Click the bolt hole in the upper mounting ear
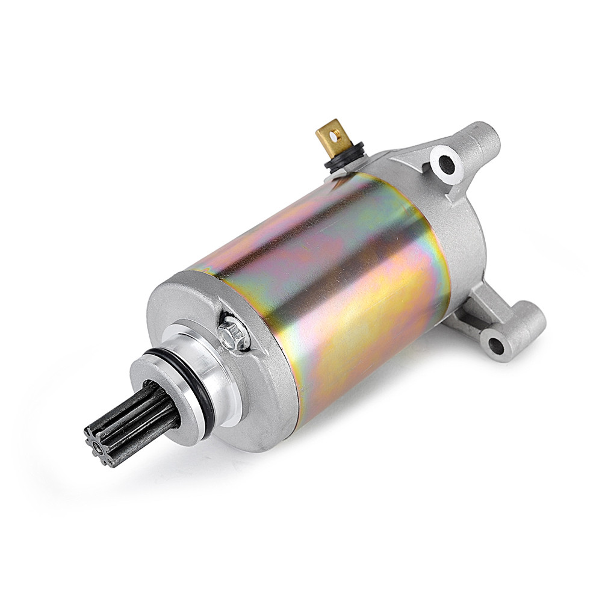tap(445, 162)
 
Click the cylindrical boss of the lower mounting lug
tap(518, 328)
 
